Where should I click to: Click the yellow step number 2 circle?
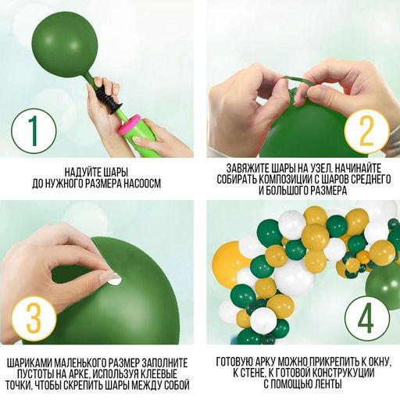click(x=366, y=131)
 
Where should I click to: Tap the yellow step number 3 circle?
click(x=34, y=320)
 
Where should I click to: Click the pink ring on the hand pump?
click(x=129, y=125)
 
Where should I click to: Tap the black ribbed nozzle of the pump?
click(x=108, y=100)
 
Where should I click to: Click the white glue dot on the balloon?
click(x=115, y=280)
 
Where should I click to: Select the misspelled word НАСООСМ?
click(x=142, y=183)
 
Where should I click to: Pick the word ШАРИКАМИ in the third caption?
click(x=29, y=363)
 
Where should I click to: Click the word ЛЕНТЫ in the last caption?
click(x=328, y=384)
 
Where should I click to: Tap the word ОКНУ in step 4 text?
click(x=377, y=362)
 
